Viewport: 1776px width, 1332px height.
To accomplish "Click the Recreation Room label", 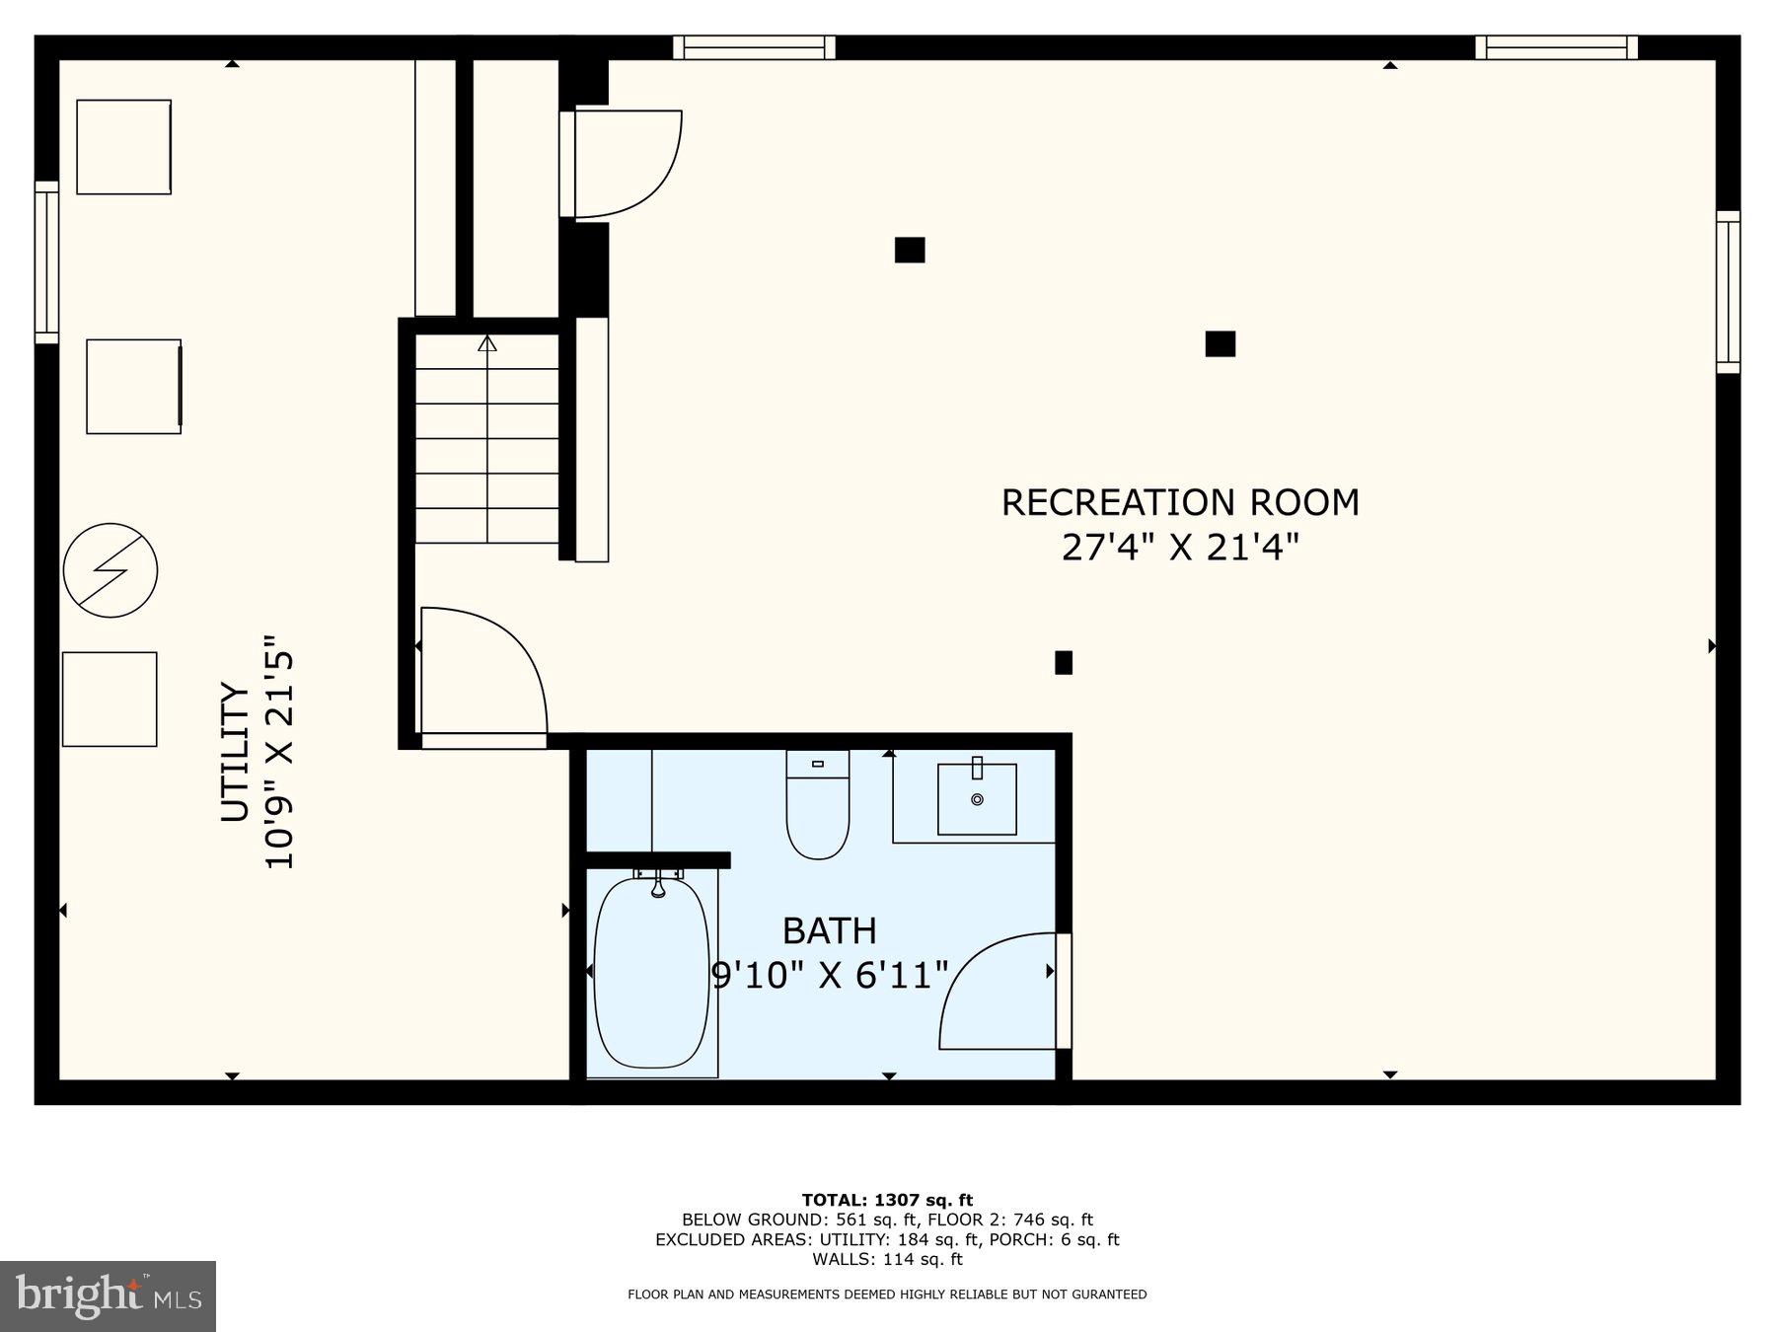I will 1179,502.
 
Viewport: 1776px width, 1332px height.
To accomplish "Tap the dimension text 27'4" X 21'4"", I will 1179,547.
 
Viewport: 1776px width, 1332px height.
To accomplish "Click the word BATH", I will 829,930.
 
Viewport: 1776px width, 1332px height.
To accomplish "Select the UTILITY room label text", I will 235,752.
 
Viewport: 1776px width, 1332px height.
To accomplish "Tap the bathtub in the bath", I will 651,972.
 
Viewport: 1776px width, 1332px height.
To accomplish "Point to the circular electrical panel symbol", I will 111,570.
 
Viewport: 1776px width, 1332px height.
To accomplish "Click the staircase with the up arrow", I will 487,439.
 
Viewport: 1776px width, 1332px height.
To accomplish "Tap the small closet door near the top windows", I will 622,164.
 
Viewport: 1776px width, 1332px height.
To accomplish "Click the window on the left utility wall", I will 46,261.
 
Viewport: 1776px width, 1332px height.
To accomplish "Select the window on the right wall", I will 1728,291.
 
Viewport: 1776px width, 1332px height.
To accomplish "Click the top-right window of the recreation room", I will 1556,47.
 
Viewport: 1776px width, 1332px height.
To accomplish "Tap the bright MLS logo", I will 108,1295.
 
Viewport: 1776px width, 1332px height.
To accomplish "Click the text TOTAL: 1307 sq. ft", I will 887,1200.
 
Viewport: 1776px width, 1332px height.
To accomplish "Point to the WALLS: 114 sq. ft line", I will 887,1259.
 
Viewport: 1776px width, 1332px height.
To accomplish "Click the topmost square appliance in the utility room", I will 124,147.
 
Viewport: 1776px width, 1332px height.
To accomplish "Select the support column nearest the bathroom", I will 1063,663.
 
